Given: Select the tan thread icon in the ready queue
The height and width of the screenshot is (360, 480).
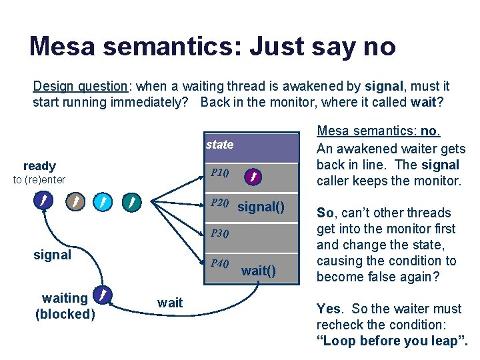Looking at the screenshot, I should (x=75, y=201).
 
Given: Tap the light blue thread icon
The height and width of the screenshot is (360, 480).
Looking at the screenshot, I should (x=103, y=201).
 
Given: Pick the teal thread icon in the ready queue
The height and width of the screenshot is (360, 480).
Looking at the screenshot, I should (x=133, y=201).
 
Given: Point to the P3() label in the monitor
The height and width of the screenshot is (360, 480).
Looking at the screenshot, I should (x=220, y=233).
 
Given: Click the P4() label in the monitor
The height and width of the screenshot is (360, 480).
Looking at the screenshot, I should (x=220, y=263).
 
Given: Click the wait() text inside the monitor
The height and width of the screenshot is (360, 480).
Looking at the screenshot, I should (x=258, y=271).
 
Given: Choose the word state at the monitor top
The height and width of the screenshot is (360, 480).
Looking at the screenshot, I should (x=219, y=145).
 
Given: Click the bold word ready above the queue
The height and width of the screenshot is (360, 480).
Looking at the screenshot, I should (x=39, y=166).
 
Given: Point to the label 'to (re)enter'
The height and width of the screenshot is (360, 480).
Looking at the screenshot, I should (x=39, y=179).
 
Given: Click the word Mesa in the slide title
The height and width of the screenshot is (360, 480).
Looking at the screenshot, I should (x=61, y=47).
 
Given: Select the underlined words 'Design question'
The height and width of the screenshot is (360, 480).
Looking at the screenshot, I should (x=80, y=87).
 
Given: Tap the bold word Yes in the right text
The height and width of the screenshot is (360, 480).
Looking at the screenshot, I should (x=329, y=309).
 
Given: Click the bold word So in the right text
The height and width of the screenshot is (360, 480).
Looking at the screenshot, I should (x=325, y=213).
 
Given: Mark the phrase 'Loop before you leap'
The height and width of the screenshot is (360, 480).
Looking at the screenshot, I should (x=391, y=341).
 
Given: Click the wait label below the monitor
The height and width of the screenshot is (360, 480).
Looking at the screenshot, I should (x=170, y=303).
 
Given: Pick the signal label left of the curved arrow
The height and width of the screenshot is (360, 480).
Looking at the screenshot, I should (x=52, y=255).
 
